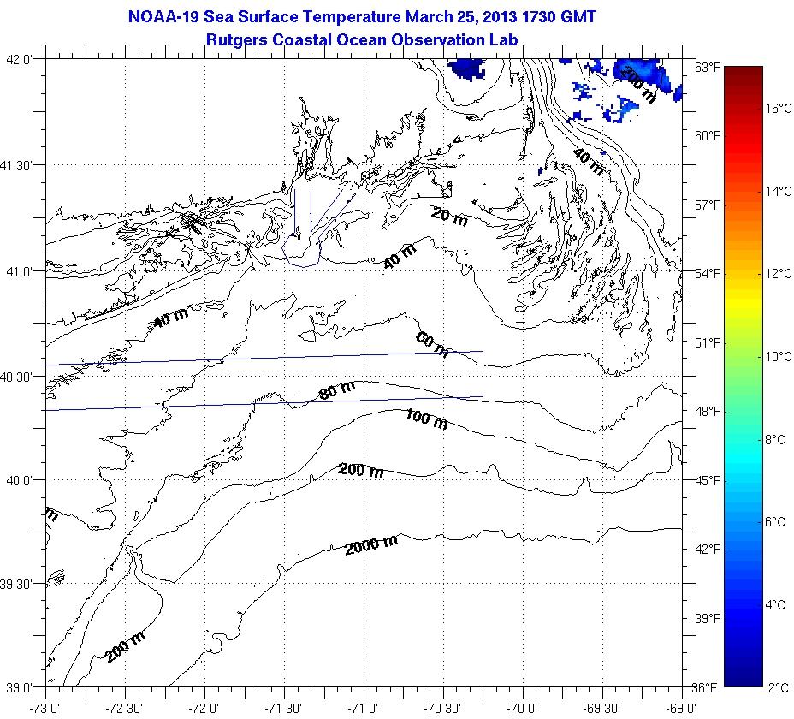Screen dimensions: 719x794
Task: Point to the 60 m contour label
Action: coord(432,344)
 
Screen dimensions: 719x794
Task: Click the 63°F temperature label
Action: coord(707,67)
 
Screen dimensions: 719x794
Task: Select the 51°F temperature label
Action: coord(707,342)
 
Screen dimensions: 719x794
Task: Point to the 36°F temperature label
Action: coord(707,686)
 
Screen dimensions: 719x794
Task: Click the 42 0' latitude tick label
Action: coord(20,59)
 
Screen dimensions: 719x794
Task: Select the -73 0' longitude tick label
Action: coord(44,707)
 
